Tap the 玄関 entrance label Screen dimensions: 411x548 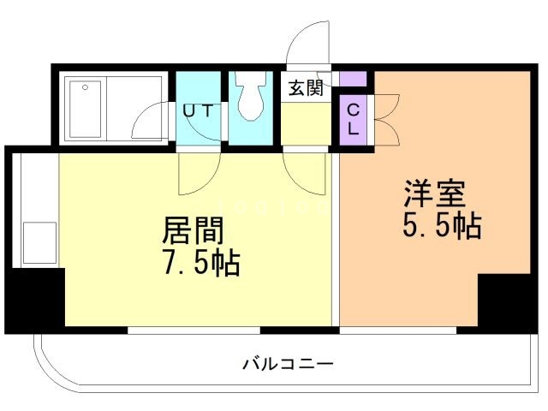pos(303,87)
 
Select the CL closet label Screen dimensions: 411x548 pos(353,120)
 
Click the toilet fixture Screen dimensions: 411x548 pos(252,98)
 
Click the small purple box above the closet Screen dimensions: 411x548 pos(353,80)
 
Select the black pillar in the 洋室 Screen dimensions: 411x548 pos(504,301)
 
